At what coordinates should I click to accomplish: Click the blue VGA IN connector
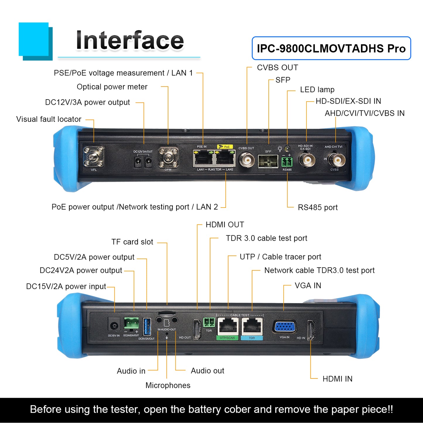coord(285,326)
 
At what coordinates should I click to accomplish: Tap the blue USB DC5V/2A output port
coord(147,327)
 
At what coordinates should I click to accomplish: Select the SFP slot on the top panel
coord(268,161)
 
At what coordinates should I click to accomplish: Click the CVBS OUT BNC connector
coord(246,160)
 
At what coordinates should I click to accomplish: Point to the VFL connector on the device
coord(94,157)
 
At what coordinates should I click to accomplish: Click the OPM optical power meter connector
coord(168,158)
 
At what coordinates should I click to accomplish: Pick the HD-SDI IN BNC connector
coord(306,160)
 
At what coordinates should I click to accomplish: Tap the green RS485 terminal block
coord(287,162)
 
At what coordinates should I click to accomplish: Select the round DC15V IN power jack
coord(114,326)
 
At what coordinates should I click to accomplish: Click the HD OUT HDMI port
coord(197,329)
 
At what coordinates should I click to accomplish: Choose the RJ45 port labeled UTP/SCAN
coord(227,326)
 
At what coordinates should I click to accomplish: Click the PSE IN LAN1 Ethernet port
coord(203,158)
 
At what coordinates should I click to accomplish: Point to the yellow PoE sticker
coord(225,147)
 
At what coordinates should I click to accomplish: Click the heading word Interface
coord(129,40)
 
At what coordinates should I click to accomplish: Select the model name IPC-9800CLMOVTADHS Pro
coord(331,48)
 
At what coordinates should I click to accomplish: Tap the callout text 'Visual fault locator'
coord(49,119)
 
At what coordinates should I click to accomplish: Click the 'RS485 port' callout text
coord(318,208)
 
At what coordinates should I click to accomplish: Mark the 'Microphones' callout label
coord(168,385)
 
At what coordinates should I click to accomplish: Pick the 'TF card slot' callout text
coord(132,242)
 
